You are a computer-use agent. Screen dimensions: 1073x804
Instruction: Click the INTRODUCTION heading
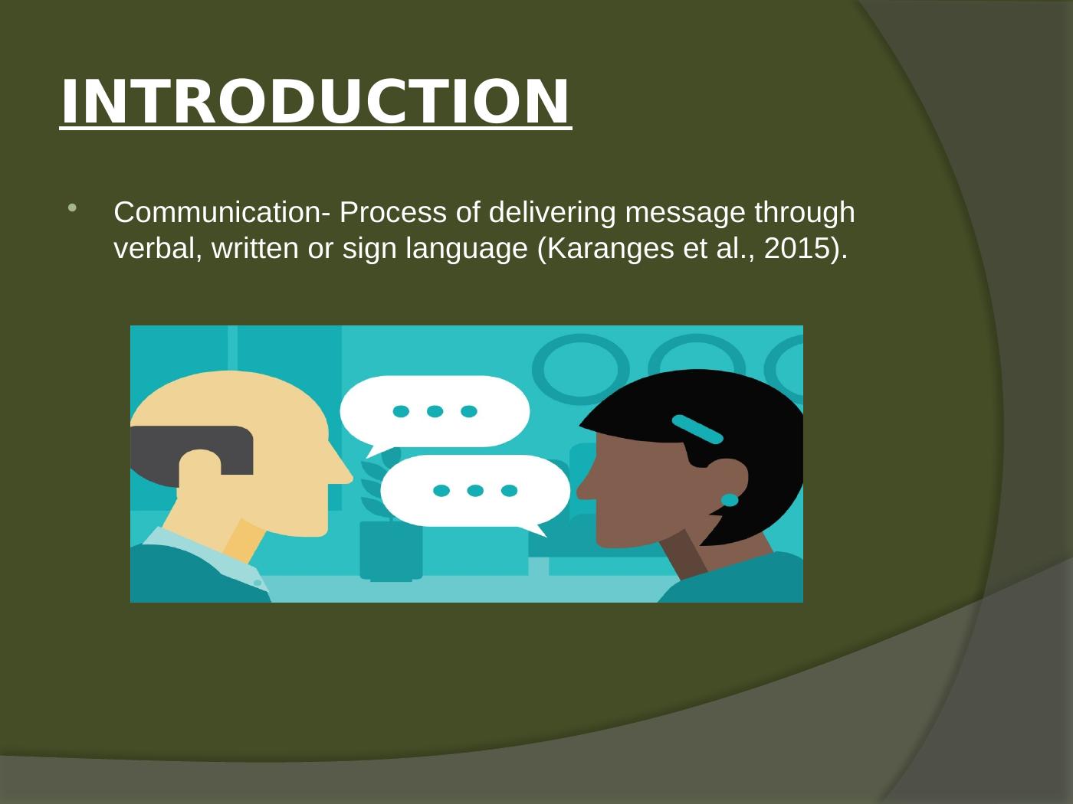(315, 102)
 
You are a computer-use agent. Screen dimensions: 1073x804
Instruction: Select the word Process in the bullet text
(393, 212)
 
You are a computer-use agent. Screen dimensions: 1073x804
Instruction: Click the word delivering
(552, 214)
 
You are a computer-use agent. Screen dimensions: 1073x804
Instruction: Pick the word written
(254, 248)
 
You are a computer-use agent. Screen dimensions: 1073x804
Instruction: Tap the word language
(467, 250)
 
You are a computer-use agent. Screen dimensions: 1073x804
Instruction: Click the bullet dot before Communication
(72, 208)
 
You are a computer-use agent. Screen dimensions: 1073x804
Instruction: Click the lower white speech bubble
(476, 493)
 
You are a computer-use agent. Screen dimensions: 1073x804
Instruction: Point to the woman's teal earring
(730, 500)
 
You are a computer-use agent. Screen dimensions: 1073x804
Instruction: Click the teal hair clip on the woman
(697, 429)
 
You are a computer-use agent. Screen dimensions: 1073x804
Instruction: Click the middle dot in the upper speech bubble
(435, 411)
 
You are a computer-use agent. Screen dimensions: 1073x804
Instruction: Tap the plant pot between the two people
(391, 551)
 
